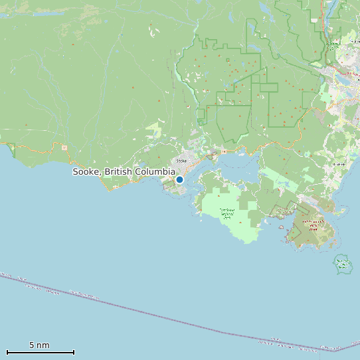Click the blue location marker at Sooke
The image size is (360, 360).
pos(179,179)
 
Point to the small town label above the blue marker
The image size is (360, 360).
pos(181,161)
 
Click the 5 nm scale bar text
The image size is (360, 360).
pos(39,345)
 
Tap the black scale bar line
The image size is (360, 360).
pos(40,352)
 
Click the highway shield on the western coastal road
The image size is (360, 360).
pos(64,147)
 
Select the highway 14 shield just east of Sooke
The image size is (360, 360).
pos(225,151)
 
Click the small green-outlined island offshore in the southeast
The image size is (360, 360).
pos(343,264)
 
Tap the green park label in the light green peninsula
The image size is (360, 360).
pos(227,213)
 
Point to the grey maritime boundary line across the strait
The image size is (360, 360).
pos(166,318)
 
